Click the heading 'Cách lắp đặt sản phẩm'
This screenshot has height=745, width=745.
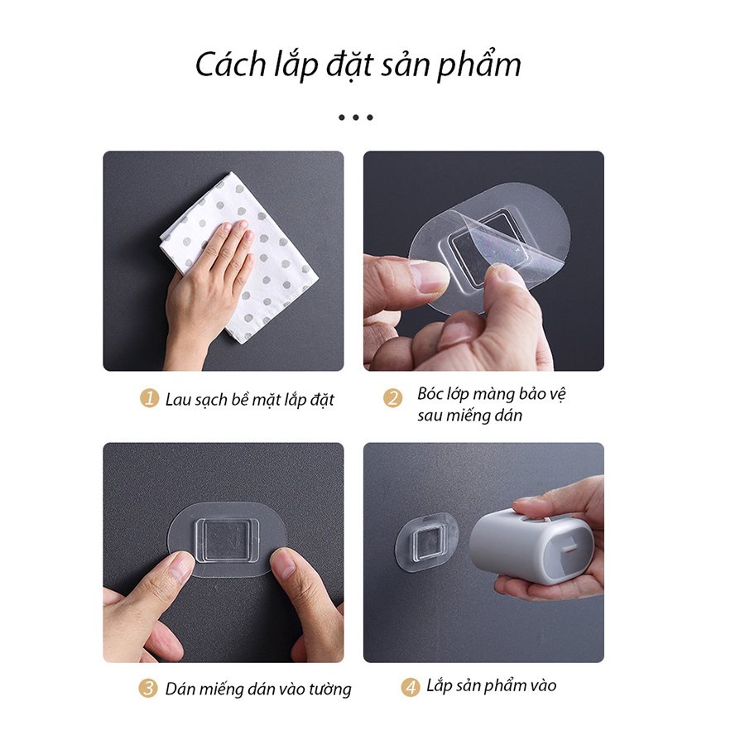point(358,65)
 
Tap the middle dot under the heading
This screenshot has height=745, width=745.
point(356,118)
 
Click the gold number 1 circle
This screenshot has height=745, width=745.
point(149,399)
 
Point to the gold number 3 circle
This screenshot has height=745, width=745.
point(147,689)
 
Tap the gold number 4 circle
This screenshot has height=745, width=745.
point(411,687)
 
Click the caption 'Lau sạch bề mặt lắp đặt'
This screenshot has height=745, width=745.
point(249,400)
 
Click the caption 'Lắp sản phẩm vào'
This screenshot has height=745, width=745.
point(492,685)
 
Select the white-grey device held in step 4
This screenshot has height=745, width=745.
point(530,546)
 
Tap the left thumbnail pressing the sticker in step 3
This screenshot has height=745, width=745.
point(177,569)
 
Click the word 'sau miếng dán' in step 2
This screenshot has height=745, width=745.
point(469,416)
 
